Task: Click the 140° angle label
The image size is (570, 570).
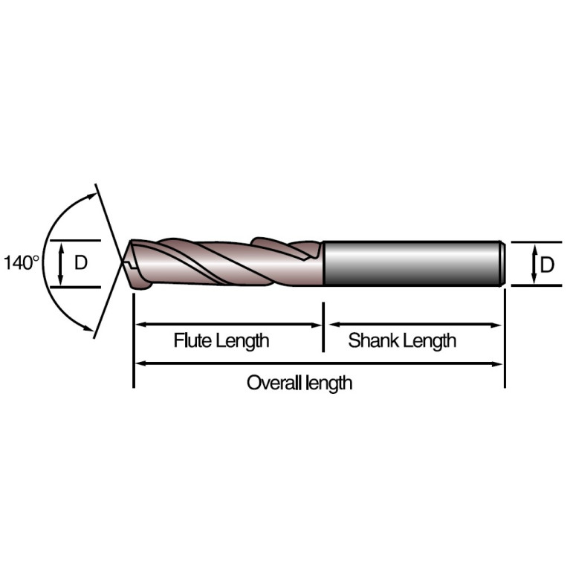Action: click(x=21, y=263)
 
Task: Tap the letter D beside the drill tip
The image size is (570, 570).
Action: click(x=81, y=262)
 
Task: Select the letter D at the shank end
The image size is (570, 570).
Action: click(x=547, y=265)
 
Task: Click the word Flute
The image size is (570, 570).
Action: click(x=192, y=340)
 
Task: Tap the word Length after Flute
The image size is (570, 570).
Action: click(x=242, y=341)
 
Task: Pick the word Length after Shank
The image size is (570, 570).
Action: click(x=430, y=341)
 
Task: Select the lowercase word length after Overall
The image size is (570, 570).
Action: click(x=329, y=384)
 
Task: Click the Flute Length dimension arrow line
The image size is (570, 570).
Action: click(x=228, y=325)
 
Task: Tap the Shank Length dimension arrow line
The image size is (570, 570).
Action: click(x=415, y=325)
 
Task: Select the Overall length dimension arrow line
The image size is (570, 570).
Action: click(x=319, y=363)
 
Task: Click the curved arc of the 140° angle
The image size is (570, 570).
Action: click(x=44, y=260)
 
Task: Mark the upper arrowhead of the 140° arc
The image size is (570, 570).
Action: click(x=92, y=195)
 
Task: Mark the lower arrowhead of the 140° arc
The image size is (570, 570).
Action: click(x=88, y=328)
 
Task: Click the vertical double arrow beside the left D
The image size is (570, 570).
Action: click(x=61, y=264)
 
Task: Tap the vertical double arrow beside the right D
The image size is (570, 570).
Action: click(x=534, y=265)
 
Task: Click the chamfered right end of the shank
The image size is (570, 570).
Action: click(x=502, y=264)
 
